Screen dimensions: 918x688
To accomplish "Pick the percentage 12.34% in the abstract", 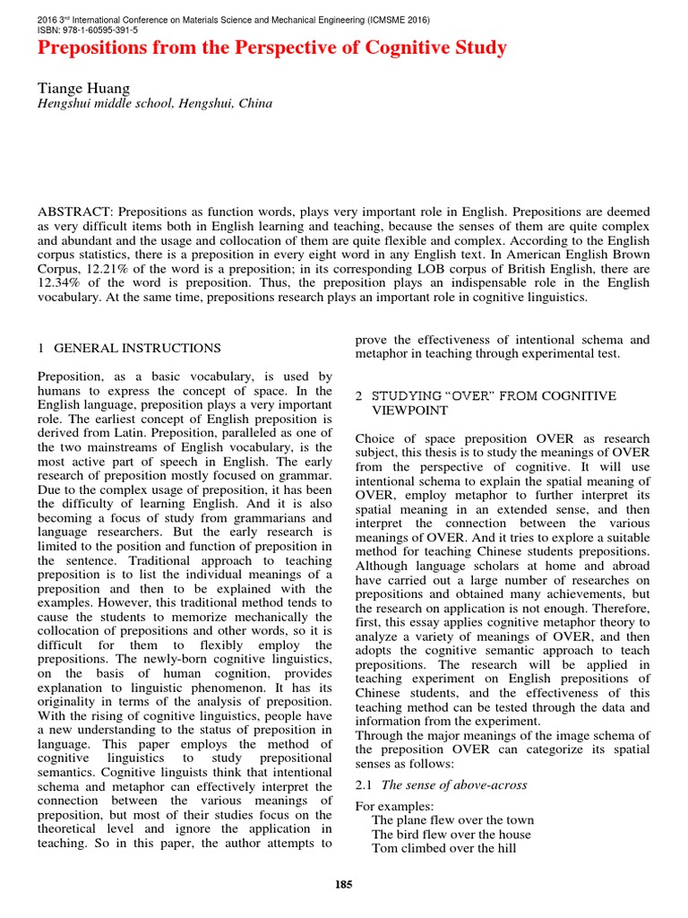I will point(63,282).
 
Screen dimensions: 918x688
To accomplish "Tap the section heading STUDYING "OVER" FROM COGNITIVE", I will point(494,395).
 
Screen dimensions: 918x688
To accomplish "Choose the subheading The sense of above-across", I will point(454,785).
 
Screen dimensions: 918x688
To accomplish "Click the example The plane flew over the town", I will point(452,819).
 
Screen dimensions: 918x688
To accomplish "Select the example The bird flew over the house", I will point(451,834).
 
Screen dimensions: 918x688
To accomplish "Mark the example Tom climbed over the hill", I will point(443,848).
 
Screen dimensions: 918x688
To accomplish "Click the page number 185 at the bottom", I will point(344,885).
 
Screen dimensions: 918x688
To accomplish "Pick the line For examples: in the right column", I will point(394,805).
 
